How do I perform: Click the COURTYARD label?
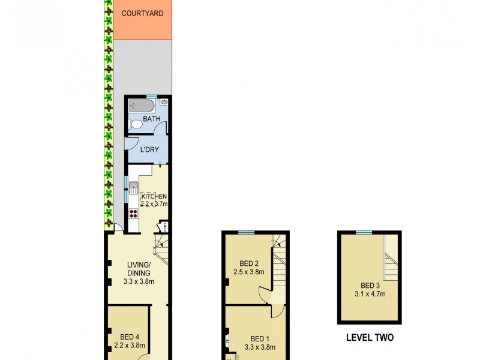pyautogui.click(x=142, y=13)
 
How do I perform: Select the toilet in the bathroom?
pyautogui.click(x=136, y=124)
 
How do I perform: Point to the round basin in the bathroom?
pyautogui.click(x=163, y=103)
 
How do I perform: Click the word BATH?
pyautogui.click(x=151, y=119)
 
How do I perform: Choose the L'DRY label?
pyautogui.click(x=149, y=149)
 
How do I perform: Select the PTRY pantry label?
pyautogui.click(x=163, y=227)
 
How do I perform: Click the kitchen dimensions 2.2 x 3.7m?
pyautogui.click(x=154, y=204)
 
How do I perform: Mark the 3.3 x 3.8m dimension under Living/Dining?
pyautogui.click(x=138, y=281)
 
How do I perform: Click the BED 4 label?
pyautogui.click(x=130, y=337)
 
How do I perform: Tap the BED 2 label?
pyautogui.click(x=249, y=263)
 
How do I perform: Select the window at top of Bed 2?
pyautogui.click(x=246, y=232)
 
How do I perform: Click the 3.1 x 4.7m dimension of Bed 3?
pyautogui.click(x=369, y=294)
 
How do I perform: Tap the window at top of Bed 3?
pyautogui.click(x=363, y=232)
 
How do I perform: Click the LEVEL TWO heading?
pyautogui.click(x=370, y=338)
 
